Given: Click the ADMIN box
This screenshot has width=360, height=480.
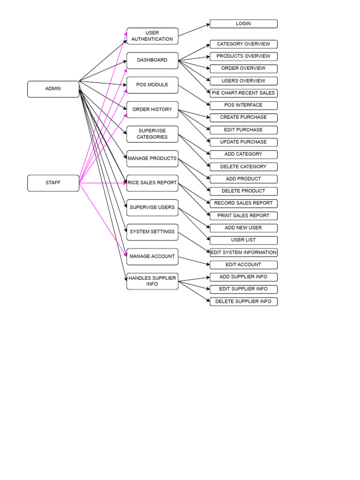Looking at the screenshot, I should tap(53, 89).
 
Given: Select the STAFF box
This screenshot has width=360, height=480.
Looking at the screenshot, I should tap(53, 183).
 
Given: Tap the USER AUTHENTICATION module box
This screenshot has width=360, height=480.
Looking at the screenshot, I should tap(152, 36).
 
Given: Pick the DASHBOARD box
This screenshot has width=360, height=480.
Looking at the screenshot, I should tap(152, 60).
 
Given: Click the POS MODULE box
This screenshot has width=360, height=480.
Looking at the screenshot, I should tap(152, 85).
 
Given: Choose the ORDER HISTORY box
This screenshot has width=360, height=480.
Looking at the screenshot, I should tap(152, 110).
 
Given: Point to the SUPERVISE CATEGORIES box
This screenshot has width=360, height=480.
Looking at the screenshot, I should tap(152, 134).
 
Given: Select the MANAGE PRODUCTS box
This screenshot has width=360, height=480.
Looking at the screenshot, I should tap(152, 158).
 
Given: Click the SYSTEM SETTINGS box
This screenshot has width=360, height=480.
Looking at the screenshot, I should tap(152, 232).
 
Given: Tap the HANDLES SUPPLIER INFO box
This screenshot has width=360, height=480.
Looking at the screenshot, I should tap(152, 281).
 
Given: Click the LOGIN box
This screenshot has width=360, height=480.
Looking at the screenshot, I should tap(243, 24).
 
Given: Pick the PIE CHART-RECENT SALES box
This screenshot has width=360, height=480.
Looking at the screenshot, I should tap(243, 93).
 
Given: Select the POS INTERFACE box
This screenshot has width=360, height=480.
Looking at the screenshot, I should tap(243, 105).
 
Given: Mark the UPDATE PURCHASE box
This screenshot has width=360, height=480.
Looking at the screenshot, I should tap(243, 142).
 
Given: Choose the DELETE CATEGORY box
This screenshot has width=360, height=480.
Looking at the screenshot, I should tap(243, 167).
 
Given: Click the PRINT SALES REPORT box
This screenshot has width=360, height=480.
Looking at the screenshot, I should tap(243, 216).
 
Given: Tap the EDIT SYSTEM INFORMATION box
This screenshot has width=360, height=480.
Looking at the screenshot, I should tap(243, 253).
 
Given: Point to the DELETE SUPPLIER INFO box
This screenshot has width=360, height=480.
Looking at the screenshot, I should tap(243, 302).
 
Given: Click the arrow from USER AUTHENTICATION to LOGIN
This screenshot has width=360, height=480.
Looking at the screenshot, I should tap(194, 30).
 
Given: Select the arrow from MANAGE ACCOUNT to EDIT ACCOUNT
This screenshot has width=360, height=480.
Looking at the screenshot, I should tap(194, 261).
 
